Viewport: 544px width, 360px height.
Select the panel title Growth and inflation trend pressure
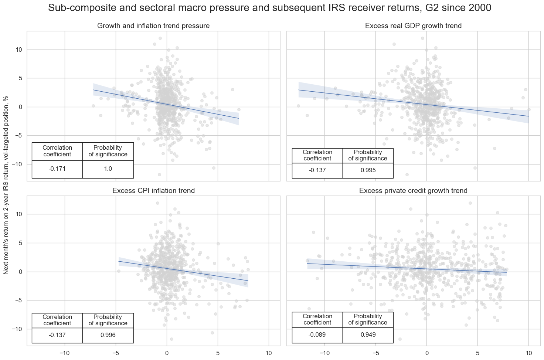pyautogui.click(x=153, y=26)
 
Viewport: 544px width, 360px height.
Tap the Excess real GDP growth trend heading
pyautogui.click(x=413, y=26)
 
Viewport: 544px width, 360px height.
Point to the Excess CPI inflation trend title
pyautogui.click(x=153, y=191)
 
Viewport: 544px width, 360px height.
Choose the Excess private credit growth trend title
pyautogui.click(x=413, y=191)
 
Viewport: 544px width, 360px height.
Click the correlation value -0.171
pyautogui.click(x=57, y=169)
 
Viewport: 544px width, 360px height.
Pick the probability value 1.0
pyautogui.click(x=108, y=169)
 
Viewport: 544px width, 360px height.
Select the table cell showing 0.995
pyautogui.click(x=368, y=170)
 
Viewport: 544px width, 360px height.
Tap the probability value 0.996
pyautogui.click(x=108, y=335)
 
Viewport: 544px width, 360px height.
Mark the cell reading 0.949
pyautogui.click(x=368, y=334)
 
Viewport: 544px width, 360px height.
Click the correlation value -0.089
pyautogui.click(x=317, y=334)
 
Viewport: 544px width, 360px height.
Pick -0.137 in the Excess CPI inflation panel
pyautogui.click(x=57, y=335)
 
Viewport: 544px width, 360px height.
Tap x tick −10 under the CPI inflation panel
pyautogui.click(x=65, y=353)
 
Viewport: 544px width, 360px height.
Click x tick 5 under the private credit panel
pyautogui.click(x=477, y=353)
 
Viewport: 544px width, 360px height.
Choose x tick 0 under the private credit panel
pyautogui.click(x=426, y=353)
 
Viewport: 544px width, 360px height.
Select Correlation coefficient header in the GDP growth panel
pyautogui.click(x=317, y=155)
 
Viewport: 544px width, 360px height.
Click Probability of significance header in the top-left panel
pyautogui.click(x=108, y=151)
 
